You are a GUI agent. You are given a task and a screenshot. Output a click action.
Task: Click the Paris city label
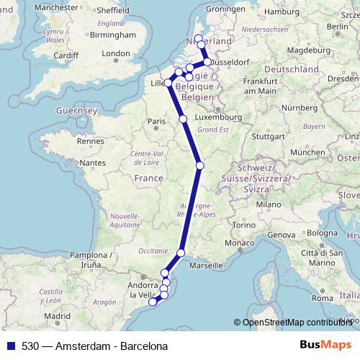157,122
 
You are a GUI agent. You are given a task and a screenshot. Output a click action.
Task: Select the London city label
116,53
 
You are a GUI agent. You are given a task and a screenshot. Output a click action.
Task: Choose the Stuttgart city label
270,135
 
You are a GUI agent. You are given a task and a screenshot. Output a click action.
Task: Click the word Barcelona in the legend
133,346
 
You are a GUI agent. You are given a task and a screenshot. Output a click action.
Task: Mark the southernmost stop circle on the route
153,302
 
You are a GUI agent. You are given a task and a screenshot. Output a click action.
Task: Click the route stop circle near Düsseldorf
207,62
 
